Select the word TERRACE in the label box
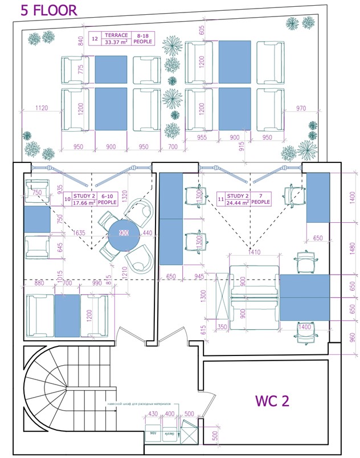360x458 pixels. coord(116,34)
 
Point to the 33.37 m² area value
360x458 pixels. coord(116,42)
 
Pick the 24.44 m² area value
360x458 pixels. coord(234,202)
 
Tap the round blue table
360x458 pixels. coord(124,233)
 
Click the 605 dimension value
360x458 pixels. coord(201,30)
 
